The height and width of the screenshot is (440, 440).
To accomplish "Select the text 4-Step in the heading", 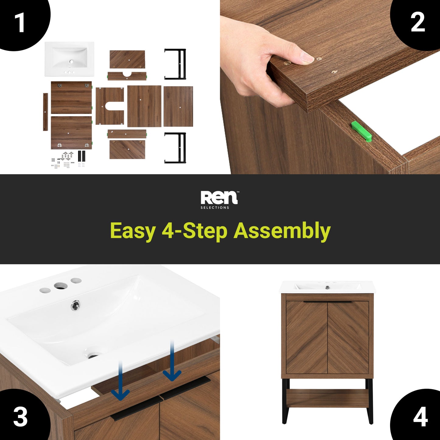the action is click(194, 231).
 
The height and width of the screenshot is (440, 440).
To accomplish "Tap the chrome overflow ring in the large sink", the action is click(75, 305).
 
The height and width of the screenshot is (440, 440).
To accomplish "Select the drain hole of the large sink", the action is click(93, 356).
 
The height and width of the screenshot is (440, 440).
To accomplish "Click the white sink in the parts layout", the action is click(69, 59).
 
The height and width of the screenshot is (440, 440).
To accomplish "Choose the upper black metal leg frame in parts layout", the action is click(175, 64).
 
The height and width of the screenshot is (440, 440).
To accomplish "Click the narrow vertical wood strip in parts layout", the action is click(45, 112).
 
